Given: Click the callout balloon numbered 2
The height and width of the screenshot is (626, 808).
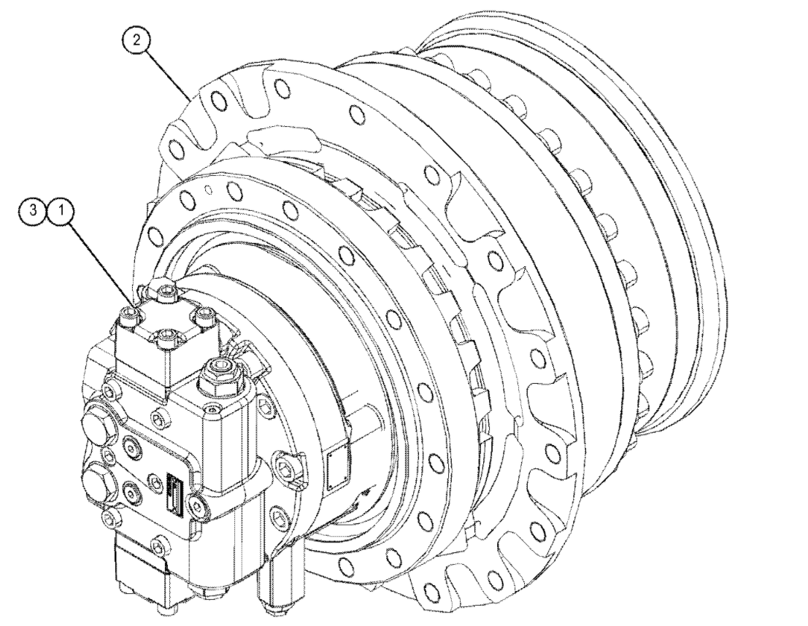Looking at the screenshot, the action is coord(136,40).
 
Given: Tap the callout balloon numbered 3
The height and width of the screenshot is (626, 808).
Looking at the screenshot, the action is coord(34,212).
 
